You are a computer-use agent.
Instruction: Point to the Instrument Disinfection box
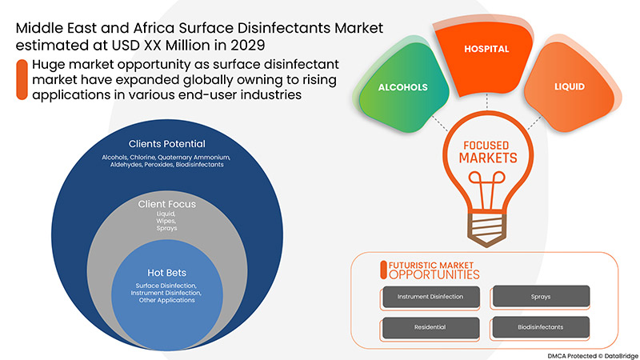[430, 297]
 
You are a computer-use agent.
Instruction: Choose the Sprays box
[540, 297]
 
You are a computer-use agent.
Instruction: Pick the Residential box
[430, 326]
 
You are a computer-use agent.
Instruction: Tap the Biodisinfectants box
[540, 326]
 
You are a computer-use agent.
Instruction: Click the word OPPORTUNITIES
[434, 274]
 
